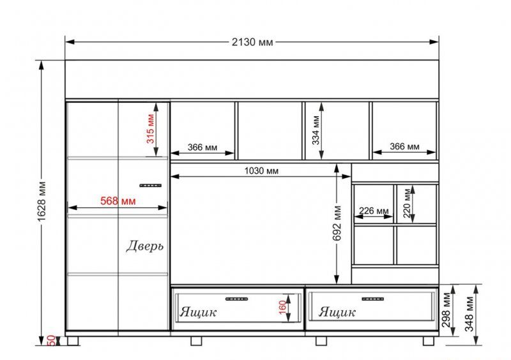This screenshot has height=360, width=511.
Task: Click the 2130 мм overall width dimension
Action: pyautogui.click(x=252, y=42)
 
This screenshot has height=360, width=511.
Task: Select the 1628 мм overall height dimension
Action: pyautogui.click(x=42, y=201)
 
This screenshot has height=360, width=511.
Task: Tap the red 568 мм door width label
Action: pyautogui.click(x=118, y=200)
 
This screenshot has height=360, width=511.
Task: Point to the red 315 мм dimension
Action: pyautogui.click(x=150, y=128)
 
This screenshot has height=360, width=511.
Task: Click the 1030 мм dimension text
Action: pyautogui.click(x=261, y=171)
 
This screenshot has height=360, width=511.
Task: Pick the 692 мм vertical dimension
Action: pyautogui.click(x=337, y=223)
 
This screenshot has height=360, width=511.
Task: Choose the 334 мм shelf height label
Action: pyautogui.click(x=316, y=130)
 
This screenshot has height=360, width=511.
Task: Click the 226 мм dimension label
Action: pyautogui.click(x=374, y=211)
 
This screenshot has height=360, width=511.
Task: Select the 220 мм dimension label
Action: pyautogui.click(x=407, y=203)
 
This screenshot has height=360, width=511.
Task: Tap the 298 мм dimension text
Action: pyautogui.click(x=446, y=310)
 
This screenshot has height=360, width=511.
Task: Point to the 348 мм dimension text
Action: pyautogui.click(x=469, y=313)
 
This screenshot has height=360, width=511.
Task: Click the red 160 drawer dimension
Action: pyautogui.click(x=282, y=307)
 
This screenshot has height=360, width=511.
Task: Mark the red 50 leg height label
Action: pyautogui.click(x=52, y=340)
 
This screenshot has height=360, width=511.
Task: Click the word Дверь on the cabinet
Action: pyautogui.click(x=145, y=246)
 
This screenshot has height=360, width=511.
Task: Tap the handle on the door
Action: pyautogui.click(x=151, y=185)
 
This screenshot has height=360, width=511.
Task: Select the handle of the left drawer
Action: pyautogui.click(x=236, y=299)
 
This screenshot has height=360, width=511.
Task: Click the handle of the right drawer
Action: pyautogui.click(x=373, y=299)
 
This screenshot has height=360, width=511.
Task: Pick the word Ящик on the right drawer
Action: pyautogui.click(x=337, y=312)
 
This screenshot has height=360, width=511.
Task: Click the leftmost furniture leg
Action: pyautogui.click(x=73, y=341)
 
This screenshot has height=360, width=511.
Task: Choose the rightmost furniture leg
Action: pyautogui.click(x=429, y=341)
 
